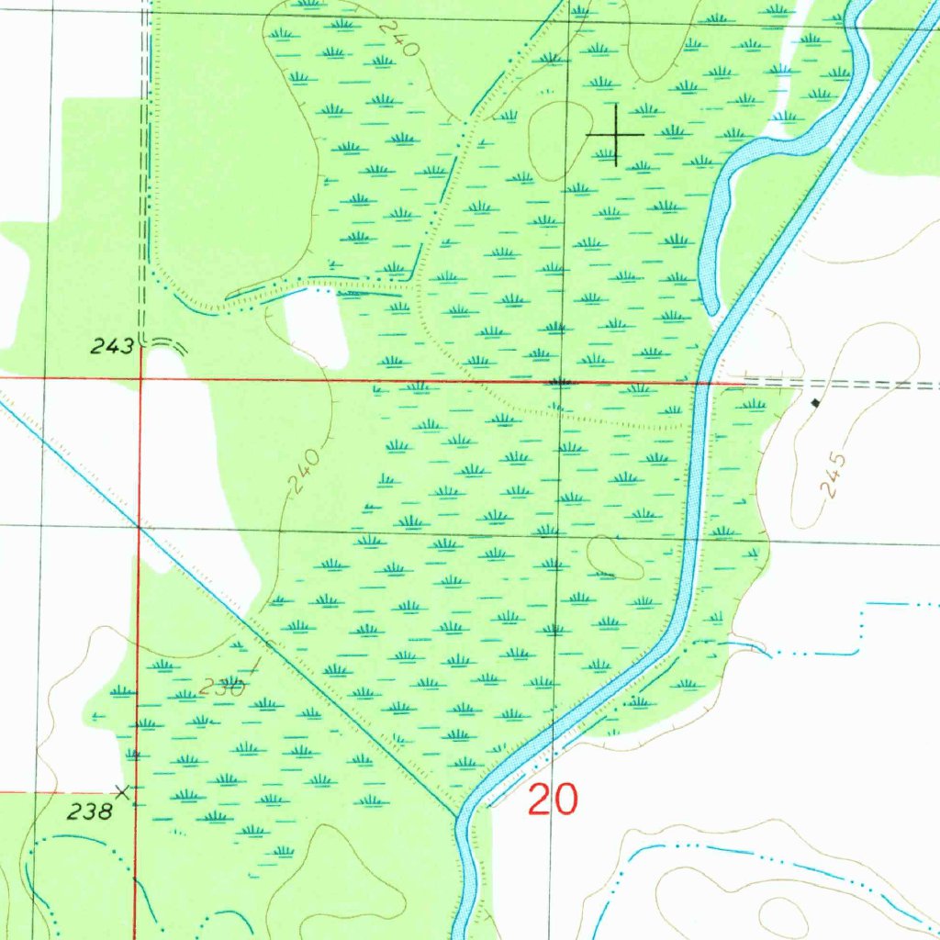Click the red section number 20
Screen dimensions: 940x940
pos(553,800)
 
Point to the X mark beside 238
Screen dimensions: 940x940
pos(121,790)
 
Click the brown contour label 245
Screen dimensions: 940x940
pos(833,476)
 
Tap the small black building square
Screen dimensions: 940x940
pos(815,402)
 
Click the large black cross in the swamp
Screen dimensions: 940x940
pos(615,135)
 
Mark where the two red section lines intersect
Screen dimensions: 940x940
pos(140,377)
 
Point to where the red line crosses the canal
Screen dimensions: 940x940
pos(704,382)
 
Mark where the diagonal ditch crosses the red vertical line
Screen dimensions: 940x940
pos(139,528)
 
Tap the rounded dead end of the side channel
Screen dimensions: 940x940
pos(710,309)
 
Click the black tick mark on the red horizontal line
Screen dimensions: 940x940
pos(561,380)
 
